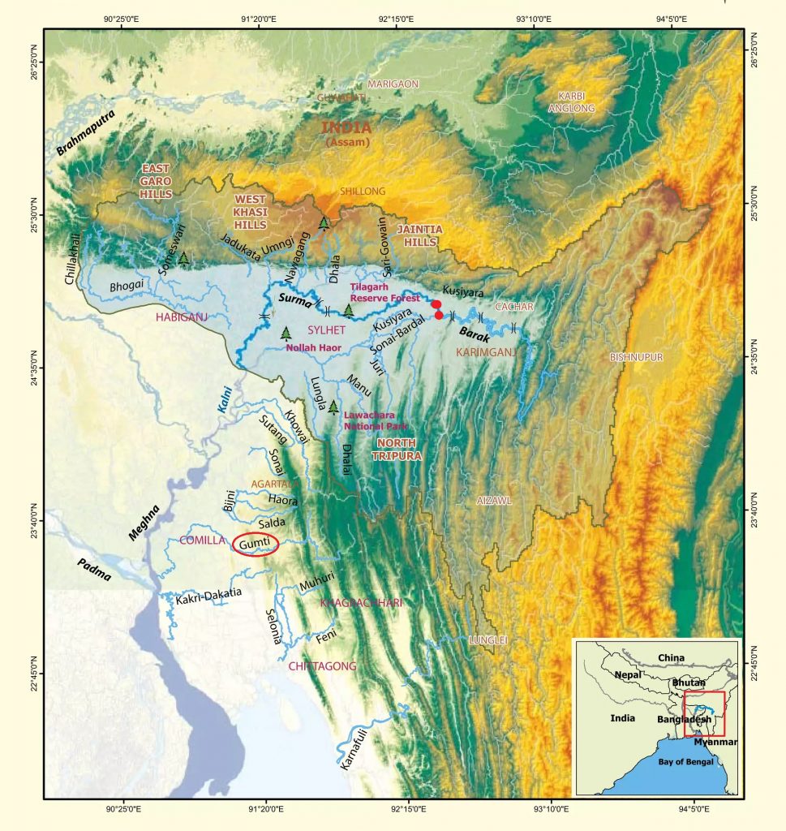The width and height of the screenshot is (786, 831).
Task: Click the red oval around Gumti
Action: click(256, 545)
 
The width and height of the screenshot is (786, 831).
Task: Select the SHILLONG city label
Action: click(362, 191)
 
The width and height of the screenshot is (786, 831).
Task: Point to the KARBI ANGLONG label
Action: click(572, 101)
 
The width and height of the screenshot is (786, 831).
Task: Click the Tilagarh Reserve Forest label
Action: click(384, 293)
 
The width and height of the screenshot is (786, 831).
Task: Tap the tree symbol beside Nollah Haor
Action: click(286, 332)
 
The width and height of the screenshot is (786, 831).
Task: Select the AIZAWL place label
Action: click(494, 502)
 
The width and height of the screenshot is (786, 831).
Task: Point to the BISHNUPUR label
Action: click(636, 357)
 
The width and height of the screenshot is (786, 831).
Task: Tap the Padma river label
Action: click(95, 570)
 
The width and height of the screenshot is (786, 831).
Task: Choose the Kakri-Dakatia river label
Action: click(209, 594)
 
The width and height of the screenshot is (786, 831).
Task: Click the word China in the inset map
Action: click(671, 657)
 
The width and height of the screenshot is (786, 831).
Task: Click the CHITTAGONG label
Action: click(322, 665)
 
